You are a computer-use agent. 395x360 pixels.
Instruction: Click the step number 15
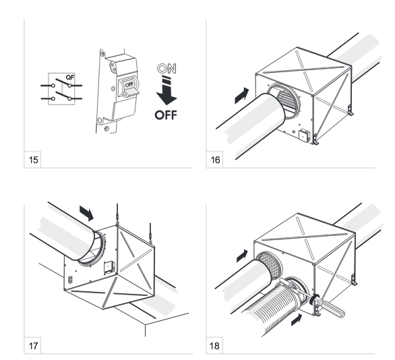[33, 160]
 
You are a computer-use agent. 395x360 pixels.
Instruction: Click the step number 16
[215, 160]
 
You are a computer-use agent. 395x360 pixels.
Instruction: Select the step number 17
[33, 346]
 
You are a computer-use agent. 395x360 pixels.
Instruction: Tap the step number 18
[214, 346]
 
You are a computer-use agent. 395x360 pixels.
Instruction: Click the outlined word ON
[166, 69]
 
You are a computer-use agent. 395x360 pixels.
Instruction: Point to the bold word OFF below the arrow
[166, 115]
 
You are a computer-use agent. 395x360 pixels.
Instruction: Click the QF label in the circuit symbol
[70, 78]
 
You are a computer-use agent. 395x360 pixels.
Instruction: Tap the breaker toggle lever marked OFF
[129, 87]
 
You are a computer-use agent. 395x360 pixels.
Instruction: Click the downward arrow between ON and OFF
[166, 90]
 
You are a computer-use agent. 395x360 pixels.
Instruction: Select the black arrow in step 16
[241, 96]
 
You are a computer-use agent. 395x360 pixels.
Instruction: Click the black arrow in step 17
[87, 213]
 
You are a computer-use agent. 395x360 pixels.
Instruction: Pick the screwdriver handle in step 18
[332, 307]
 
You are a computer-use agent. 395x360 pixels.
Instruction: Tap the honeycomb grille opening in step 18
[271, 265]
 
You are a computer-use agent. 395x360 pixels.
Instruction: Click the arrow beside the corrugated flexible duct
[297, 320]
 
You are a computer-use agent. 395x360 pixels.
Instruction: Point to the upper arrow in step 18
[242, 256]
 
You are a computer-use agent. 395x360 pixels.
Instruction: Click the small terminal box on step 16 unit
[303, 135]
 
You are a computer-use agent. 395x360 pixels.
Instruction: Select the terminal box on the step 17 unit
[109, 268]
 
